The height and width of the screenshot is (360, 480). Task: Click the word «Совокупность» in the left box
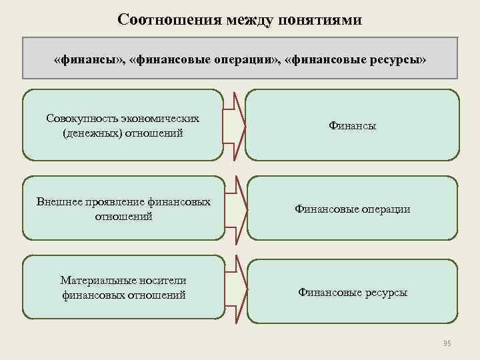(x=81, y=119)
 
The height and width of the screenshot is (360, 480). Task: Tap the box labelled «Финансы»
(x=352, y=125)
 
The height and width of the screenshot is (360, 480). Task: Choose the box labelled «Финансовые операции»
(x=352, y=209)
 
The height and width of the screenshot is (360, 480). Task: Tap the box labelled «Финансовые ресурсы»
(x=352, y=292)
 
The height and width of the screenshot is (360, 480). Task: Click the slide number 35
(x=447, y=343)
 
